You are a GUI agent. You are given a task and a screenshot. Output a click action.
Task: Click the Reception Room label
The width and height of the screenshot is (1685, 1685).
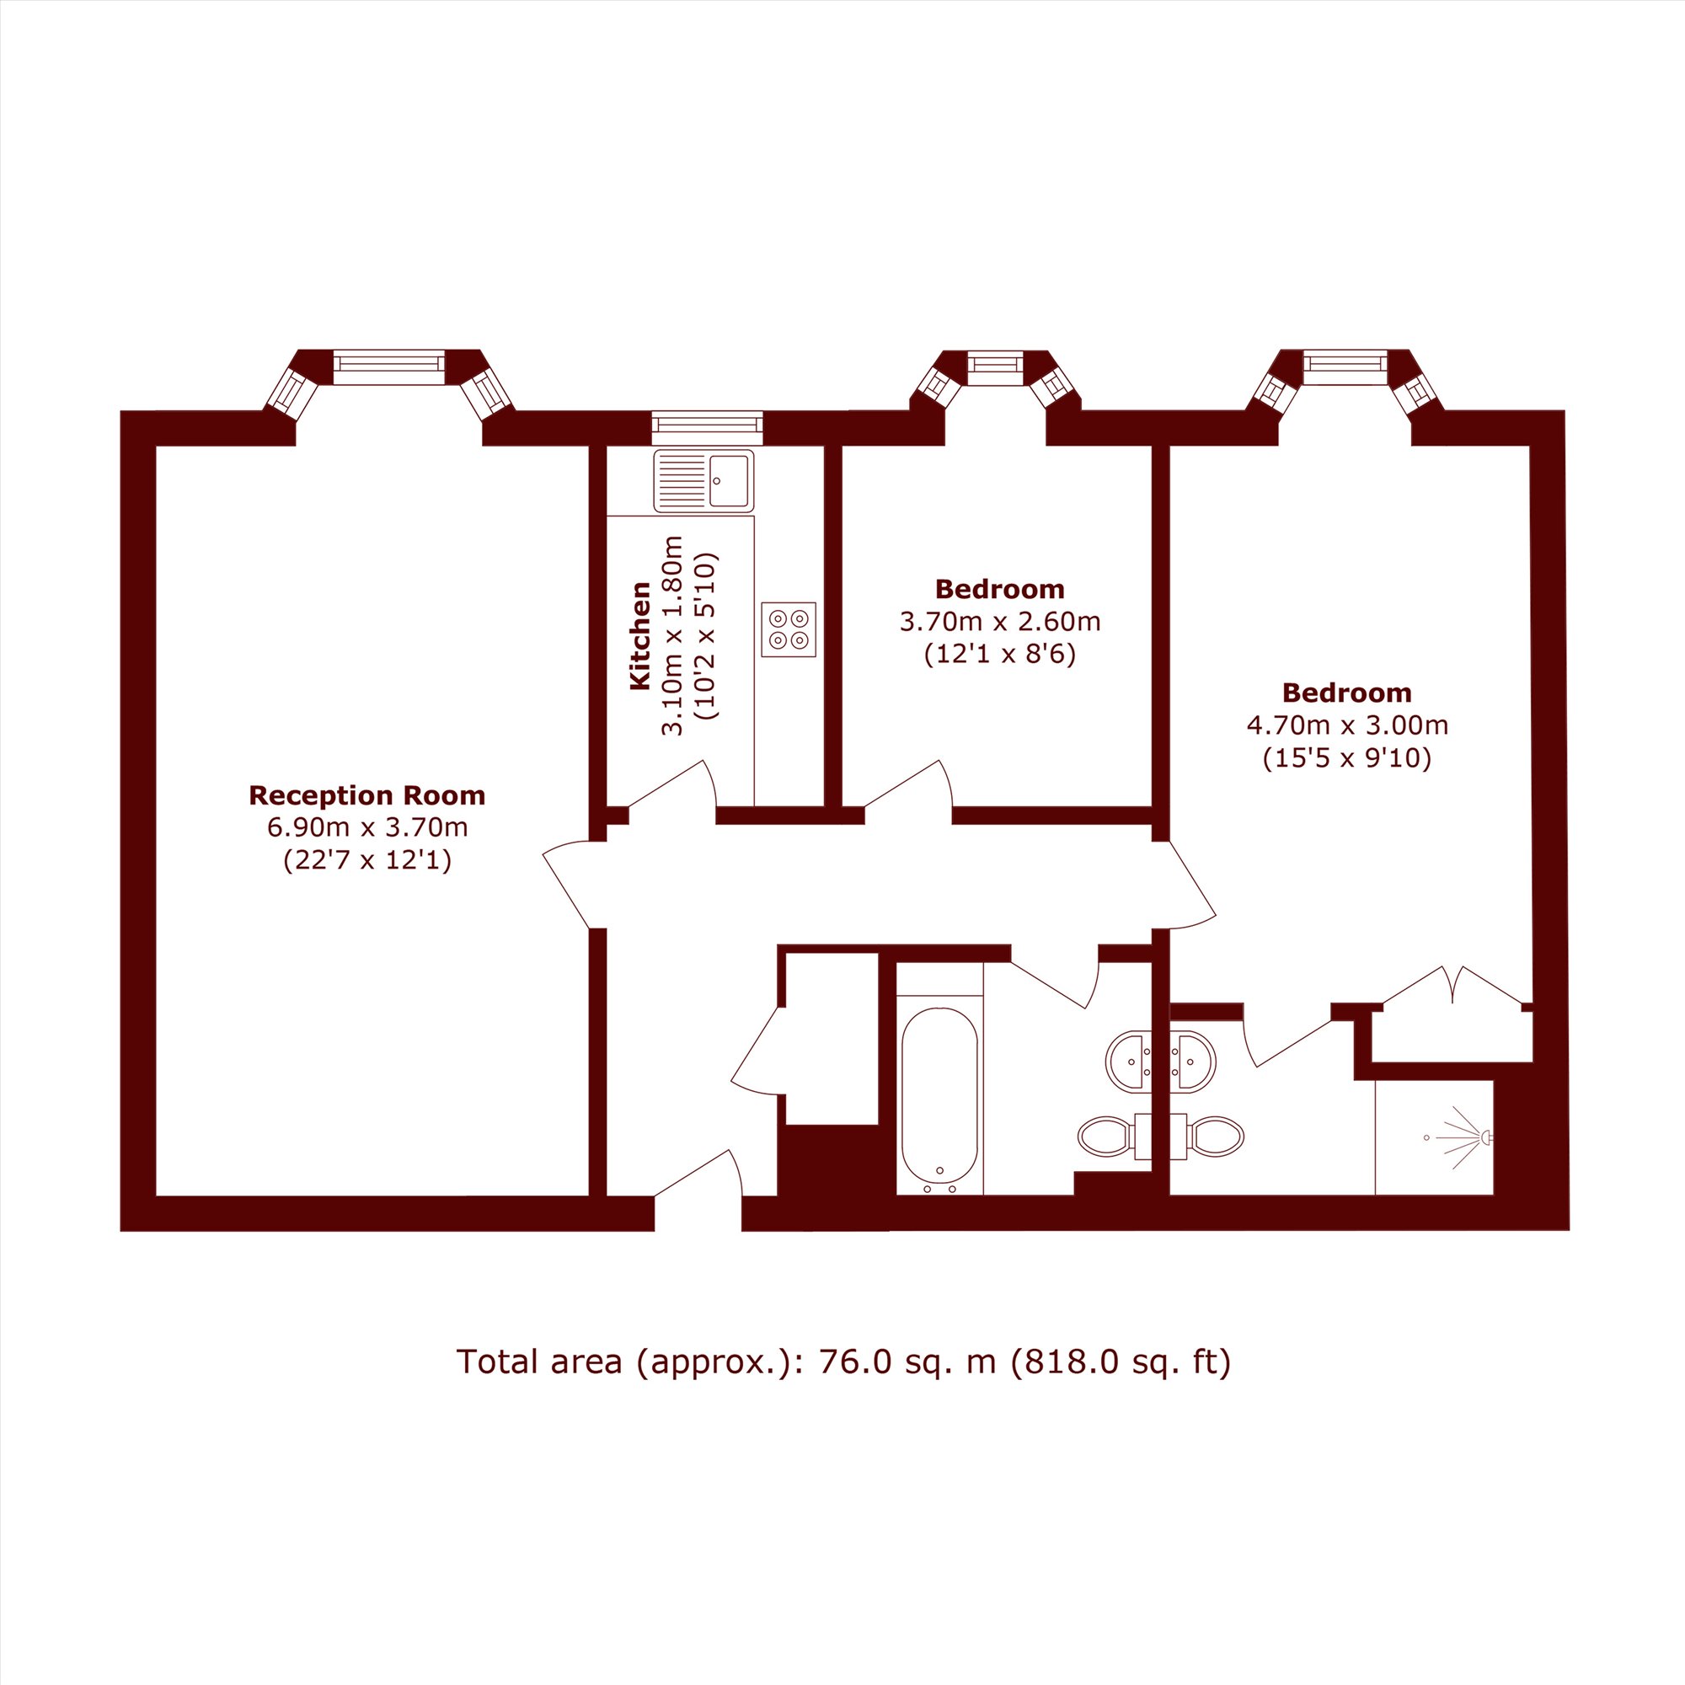367,795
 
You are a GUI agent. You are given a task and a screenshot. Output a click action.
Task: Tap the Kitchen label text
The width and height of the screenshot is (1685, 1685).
640,636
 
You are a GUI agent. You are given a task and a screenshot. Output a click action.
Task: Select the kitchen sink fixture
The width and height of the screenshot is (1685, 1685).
703,480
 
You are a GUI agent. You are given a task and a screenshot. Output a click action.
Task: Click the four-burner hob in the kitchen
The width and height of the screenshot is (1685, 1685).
789,629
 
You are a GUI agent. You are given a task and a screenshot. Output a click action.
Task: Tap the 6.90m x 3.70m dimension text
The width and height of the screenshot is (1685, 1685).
367,827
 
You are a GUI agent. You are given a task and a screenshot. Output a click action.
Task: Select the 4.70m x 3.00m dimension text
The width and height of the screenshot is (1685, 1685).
1347,725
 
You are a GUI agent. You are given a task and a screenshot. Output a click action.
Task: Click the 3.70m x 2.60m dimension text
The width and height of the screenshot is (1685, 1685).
999,622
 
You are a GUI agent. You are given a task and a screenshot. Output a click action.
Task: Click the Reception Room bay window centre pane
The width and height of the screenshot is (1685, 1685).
389,366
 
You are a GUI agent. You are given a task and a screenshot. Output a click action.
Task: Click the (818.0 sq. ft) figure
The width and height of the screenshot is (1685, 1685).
1120,1362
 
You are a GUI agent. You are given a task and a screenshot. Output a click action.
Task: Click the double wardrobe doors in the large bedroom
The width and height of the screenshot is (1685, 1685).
1453,985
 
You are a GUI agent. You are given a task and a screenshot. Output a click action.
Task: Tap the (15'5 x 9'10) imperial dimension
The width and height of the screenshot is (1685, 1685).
1347,758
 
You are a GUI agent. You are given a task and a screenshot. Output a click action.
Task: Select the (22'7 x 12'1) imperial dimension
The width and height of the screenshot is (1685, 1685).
367,861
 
